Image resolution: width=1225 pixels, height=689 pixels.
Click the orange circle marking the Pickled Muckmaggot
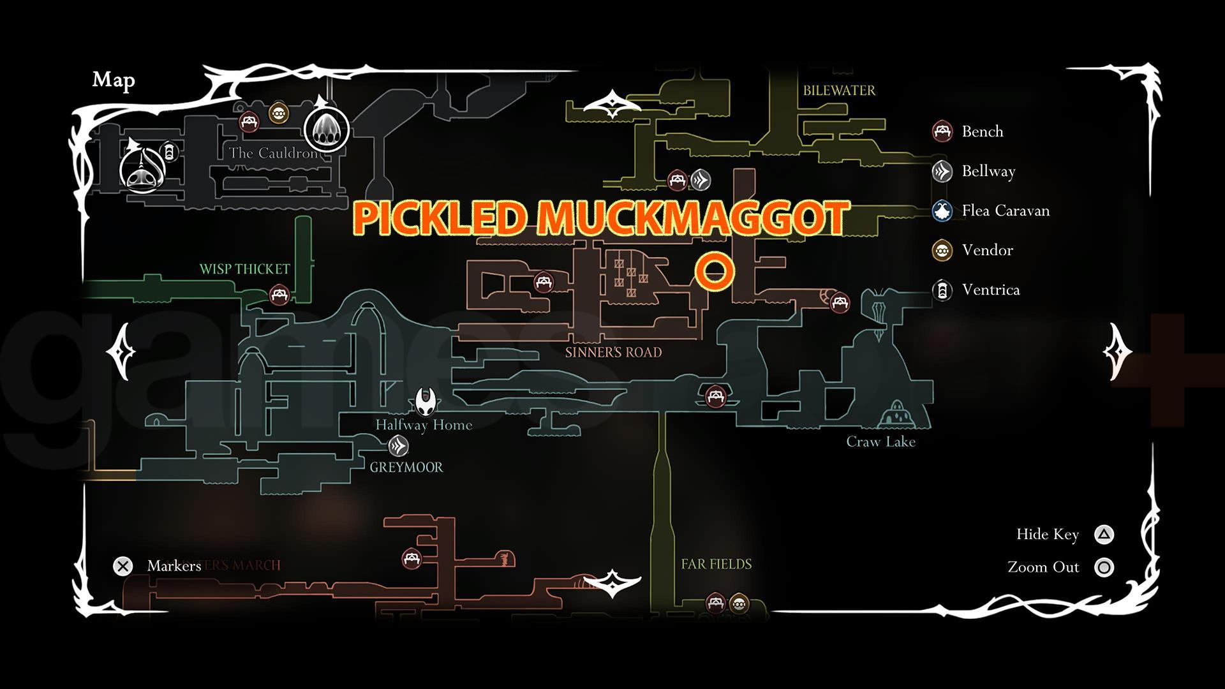(x=715, y=271)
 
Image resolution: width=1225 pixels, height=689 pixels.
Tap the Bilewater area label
(x=839, y=91)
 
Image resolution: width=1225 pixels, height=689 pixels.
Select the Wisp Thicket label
(x=244, y=269)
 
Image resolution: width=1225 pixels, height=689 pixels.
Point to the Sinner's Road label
(x=613, y=352)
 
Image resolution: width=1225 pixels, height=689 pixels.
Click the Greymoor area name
(x=406, y=467)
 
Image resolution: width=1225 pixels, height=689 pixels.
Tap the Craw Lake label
(x=880, y=441)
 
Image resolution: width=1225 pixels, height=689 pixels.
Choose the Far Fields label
(x=716, y=564)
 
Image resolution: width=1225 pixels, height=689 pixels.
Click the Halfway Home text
(x=424, y=425)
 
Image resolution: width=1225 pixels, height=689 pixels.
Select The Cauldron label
(x=272, y=153)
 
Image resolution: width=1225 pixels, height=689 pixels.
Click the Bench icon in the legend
(x=942, y=131)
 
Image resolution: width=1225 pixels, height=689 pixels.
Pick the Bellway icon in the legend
(x=942, y=172)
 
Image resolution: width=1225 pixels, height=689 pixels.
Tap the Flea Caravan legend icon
(x=942, y=211)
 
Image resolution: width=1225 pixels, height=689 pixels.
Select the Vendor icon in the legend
(x=942, y=251)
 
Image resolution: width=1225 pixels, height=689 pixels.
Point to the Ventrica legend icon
(x=942, y=290)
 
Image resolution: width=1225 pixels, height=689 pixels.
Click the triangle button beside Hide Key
(x=1104, y=535)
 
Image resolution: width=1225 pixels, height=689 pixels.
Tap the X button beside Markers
(x=123, y=566)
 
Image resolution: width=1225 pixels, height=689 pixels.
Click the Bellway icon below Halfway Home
(x=398, y=445)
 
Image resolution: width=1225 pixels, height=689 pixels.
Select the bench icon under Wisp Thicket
(x=279, y=295)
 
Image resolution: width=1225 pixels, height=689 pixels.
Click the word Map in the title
(x=114, y=80)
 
